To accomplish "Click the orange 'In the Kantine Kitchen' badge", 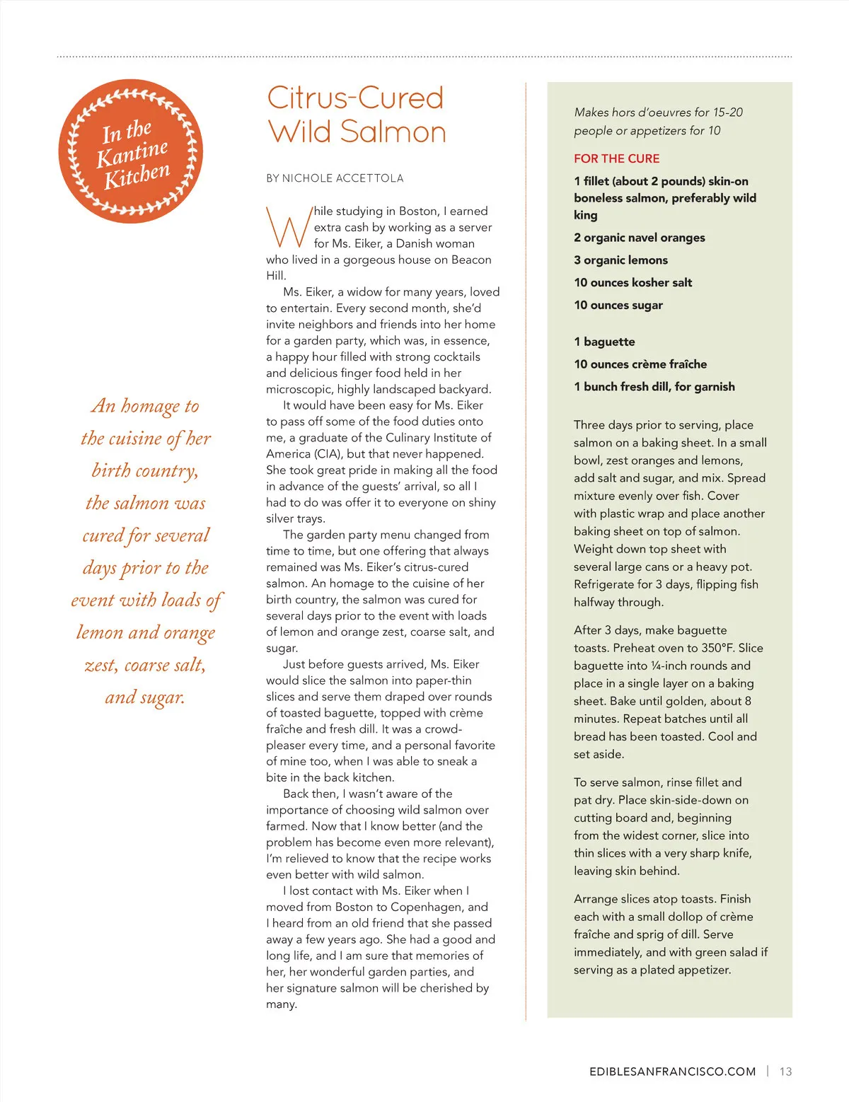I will click(131, 151).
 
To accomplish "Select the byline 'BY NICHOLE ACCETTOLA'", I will click(335, 178).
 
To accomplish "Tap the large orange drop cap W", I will click(287, 227).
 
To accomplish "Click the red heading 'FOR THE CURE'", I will click(616, 158).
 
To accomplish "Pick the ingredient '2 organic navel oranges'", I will click(640, 238).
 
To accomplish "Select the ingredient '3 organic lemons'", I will click(620, 260).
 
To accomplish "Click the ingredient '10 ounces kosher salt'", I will click(633, 283).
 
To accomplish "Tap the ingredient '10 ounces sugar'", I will click(618, 306).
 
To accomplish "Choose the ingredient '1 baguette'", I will click(604, 342).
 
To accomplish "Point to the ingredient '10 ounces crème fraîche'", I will click(640, 364).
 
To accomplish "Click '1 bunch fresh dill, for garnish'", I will click(654, 387).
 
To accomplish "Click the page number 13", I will click(785, 1072).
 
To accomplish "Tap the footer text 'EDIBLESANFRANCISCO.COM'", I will click(672, 1072).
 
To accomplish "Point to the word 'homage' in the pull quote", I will click(151, 406).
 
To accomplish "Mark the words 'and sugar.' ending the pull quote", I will click(145, 697).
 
